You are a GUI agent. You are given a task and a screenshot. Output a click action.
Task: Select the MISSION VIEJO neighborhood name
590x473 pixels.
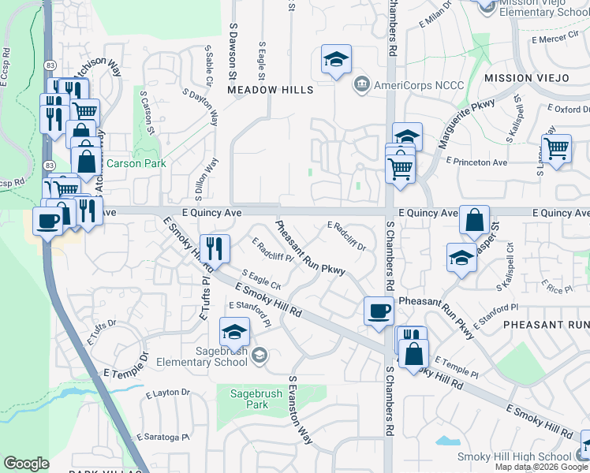(x=526, y=78)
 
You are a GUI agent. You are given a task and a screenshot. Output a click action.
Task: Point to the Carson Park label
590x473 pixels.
(x=126, y=164)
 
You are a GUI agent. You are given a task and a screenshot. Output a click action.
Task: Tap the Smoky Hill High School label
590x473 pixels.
(x=515, y=457)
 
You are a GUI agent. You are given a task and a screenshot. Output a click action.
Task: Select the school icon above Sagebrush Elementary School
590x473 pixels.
(x=234, y=332)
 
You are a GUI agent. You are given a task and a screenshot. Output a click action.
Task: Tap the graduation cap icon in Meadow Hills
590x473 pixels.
(x=336, y=59)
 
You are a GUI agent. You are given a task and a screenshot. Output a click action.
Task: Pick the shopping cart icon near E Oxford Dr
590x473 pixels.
(x=557, y=147)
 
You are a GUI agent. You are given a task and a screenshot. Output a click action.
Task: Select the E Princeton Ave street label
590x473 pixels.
(x=476, y=161)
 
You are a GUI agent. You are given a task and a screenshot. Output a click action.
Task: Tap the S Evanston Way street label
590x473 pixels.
(x=301, y=410)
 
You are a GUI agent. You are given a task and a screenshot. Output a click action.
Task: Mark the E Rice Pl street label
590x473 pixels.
(x=558, y=289)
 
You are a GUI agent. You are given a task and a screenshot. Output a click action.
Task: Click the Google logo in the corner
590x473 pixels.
(x=26, y=464)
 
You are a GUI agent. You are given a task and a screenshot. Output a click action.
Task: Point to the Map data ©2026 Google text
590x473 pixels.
(x=540, y=467)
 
